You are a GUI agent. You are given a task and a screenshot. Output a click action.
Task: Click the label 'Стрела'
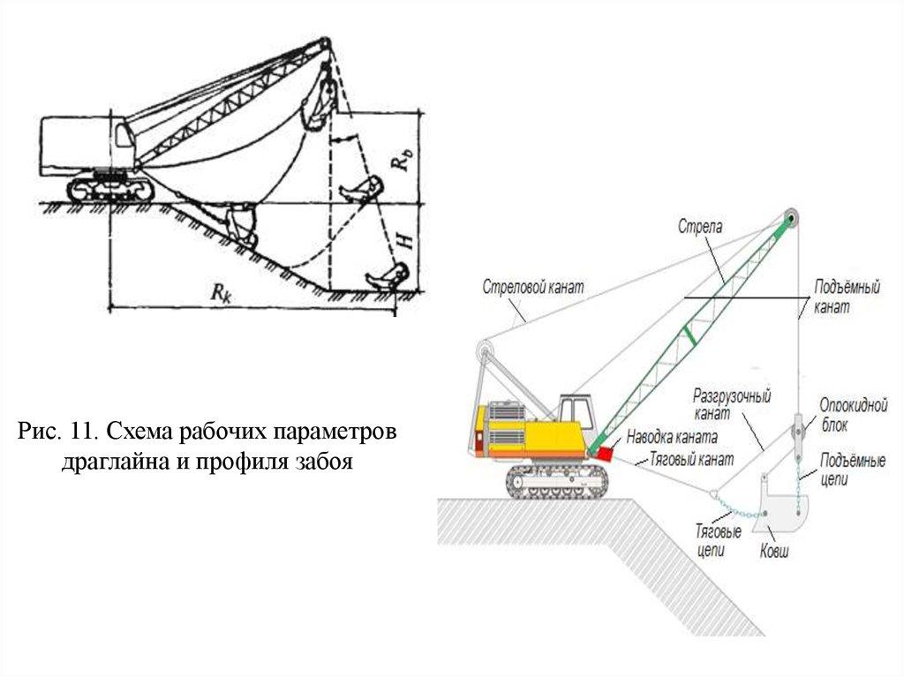(x=700, y=227)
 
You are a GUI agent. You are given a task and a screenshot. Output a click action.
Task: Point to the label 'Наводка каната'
(x=672, y=437)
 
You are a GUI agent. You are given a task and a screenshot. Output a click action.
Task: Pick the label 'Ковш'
(x=774, y=553)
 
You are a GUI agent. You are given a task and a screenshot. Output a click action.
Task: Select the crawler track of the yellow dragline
(x=558, y=479)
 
